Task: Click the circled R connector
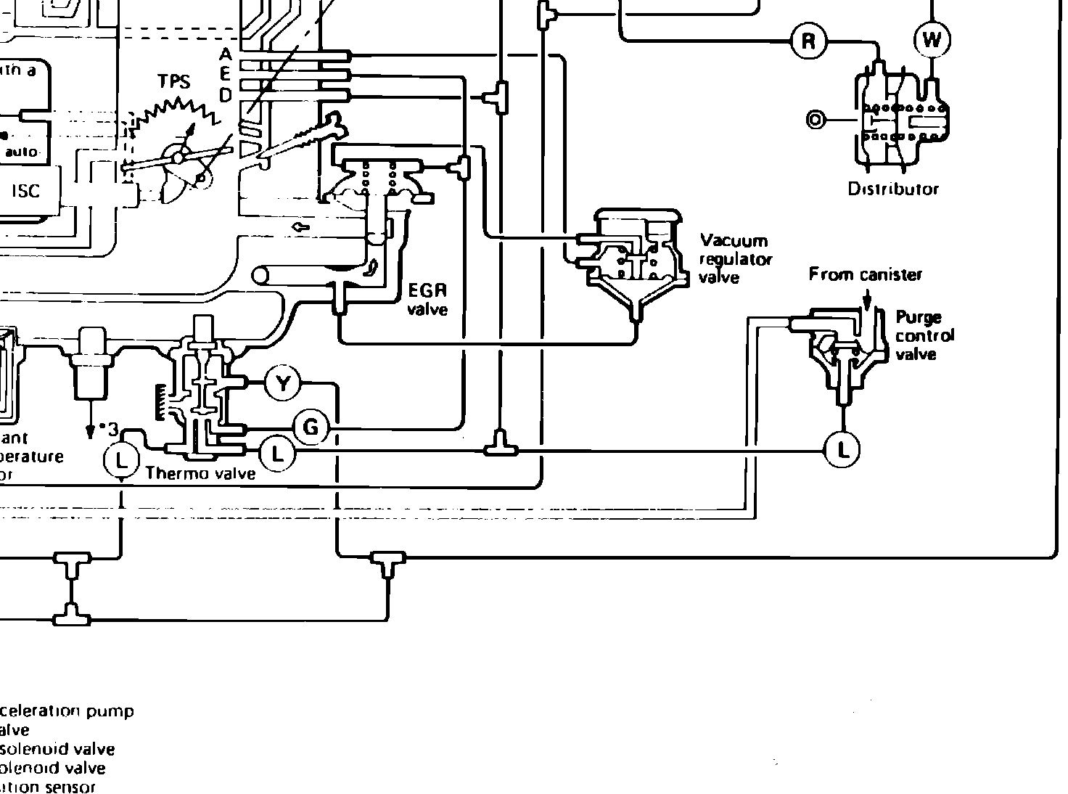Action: pos(808,41)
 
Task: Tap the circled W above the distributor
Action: pos(932,40)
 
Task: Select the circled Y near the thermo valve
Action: pos(283,382)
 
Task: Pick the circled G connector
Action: pos(311,427)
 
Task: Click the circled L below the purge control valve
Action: pos(842,450)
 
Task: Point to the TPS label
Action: pos(175,82)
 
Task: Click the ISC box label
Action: pos(26,192)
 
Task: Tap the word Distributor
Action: pos(893,189)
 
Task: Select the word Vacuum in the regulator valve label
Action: pos(734,241)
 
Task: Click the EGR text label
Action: pos(427,291)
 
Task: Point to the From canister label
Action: pos(866,275)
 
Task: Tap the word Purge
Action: pos(919,317)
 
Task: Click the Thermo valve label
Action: pos(200,474)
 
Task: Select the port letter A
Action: pos(226,55)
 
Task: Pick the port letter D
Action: pos(226,95)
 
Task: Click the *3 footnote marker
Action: pos(109,427)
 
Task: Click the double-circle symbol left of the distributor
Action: pos(816,120)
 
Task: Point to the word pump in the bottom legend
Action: pos(110,711)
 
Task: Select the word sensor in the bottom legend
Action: pos(70,787)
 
